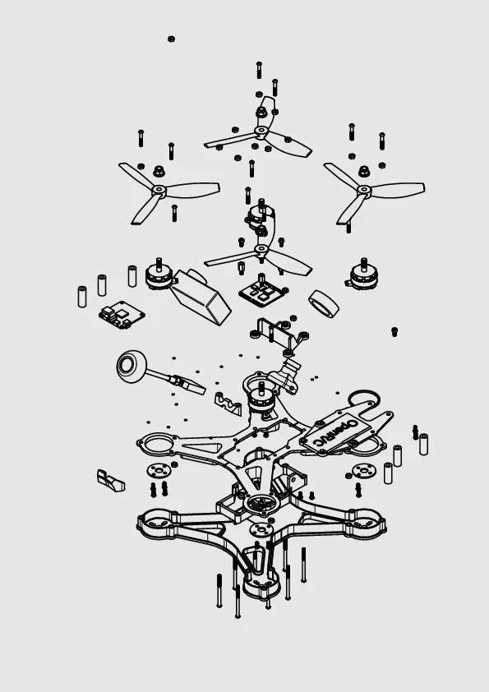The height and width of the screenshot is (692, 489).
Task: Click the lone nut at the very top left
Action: point(171,39)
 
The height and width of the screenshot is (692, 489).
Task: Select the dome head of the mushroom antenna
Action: point(131,366)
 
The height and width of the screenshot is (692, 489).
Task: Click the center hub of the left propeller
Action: point(159,190)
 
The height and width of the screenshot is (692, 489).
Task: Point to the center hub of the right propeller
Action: point(363,190)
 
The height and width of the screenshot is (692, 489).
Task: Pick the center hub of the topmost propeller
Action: point(261,131)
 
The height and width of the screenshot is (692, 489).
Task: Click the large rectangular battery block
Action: point(201,297)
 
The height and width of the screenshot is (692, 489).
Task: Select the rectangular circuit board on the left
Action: point(122,315)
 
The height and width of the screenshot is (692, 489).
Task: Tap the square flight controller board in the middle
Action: point(263,292)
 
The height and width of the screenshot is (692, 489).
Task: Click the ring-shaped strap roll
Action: point(324,303)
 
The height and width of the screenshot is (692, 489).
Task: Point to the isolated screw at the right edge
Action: point(394,331)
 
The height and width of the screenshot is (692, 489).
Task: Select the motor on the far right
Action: point(363,274)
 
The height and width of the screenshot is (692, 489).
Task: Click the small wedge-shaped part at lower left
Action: point(110,481)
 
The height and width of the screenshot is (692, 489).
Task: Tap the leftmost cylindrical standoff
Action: point(82,297)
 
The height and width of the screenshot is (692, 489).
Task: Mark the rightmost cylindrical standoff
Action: point(423,445)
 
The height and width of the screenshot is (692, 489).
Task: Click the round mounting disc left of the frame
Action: point(159,470)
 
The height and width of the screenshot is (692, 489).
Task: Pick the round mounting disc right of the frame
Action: point(363,470)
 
